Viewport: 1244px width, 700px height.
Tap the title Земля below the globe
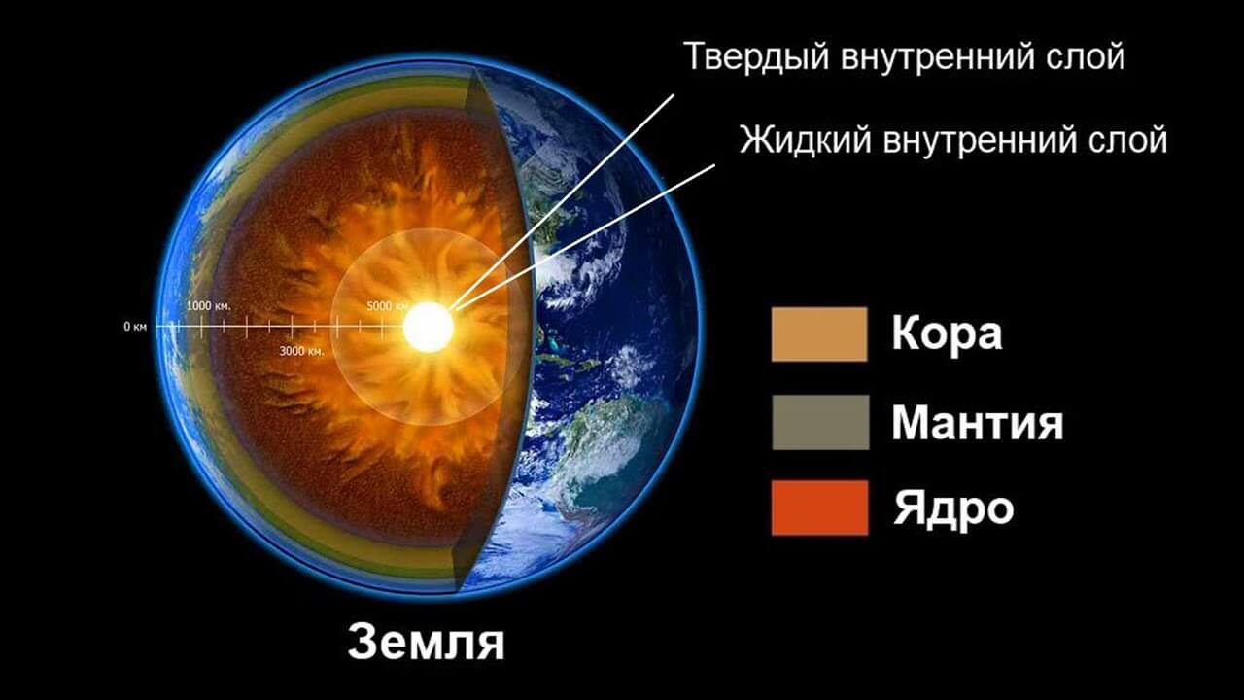coord(426,642)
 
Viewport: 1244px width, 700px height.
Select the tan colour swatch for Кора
coord(819,334)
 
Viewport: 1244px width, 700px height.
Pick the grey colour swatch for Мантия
coord(819,422)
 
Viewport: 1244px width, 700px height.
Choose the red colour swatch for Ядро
coord(819,507)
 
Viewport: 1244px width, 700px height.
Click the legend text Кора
coord(947,334)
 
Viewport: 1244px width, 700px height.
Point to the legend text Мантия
coord(977,423)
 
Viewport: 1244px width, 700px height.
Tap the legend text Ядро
coord(953,508)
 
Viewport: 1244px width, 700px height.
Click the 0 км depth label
coord(135,328)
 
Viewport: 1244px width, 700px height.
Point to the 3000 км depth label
coord(301,351)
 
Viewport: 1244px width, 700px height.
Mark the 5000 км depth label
coord(388,307)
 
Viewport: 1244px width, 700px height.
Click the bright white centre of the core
coord(429,328)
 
